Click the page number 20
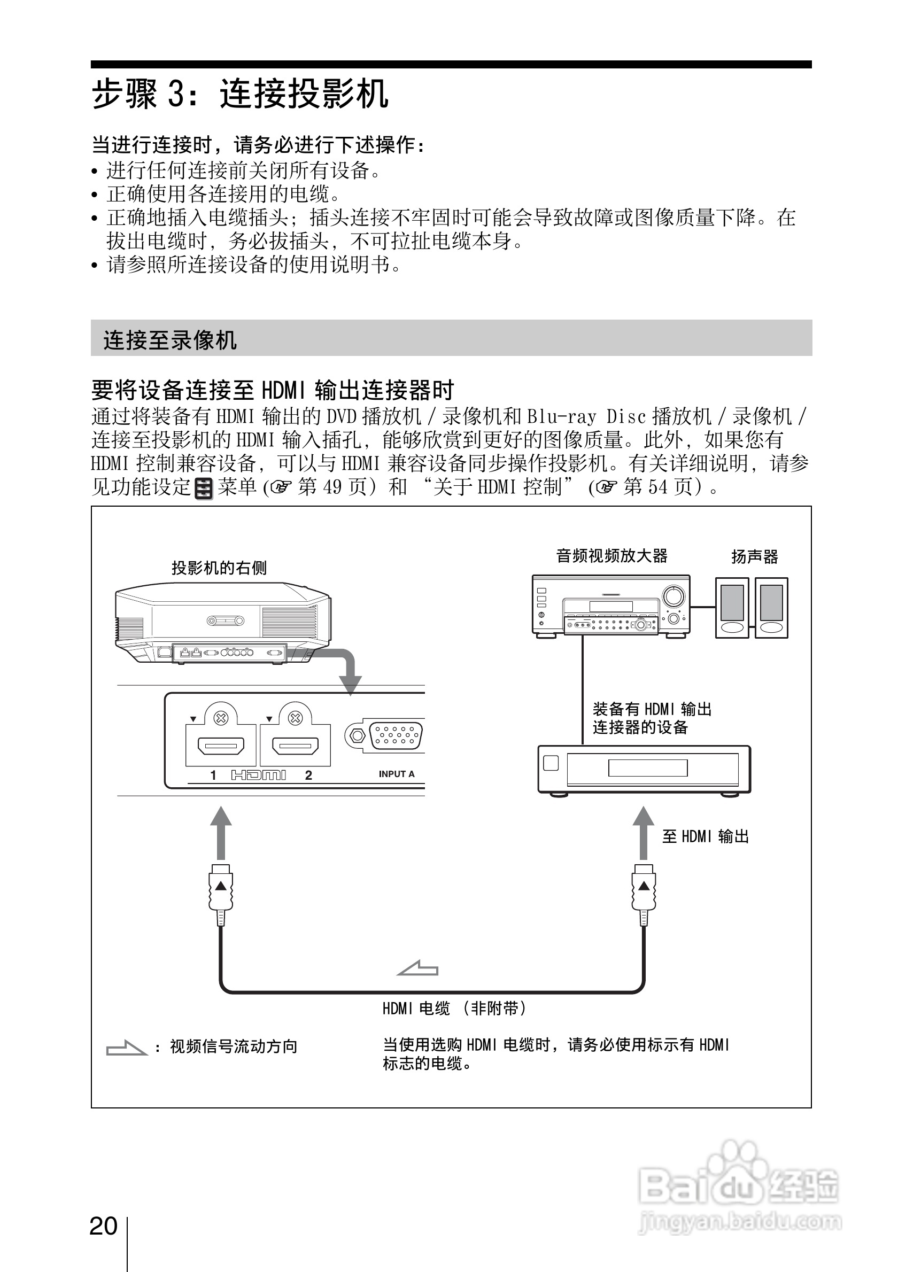(x=104, y=1226)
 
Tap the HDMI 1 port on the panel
(x=220, y=746)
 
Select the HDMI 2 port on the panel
(x=295, y=746)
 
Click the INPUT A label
(x=396, y=774)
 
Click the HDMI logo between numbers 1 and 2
(x=258, y=775)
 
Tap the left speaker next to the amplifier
(x=732, y=608)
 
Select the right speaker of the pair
(x=771, y=608)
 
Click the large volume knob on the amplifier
(x=673, y=596)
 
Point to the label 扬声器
(x=755, y=557)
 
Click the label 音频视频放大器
(x=611, y=556)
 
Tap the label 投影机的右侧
(x=219, y=568)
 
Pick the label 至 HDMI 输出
(x=705, y=836)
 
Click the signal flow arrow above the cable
(x=418, y=968)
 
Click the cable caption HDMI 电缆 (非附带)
(x=454, y=1009)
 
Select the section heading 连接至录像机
(x=170, y=340)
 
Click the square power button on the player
(x=551, y=763)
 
